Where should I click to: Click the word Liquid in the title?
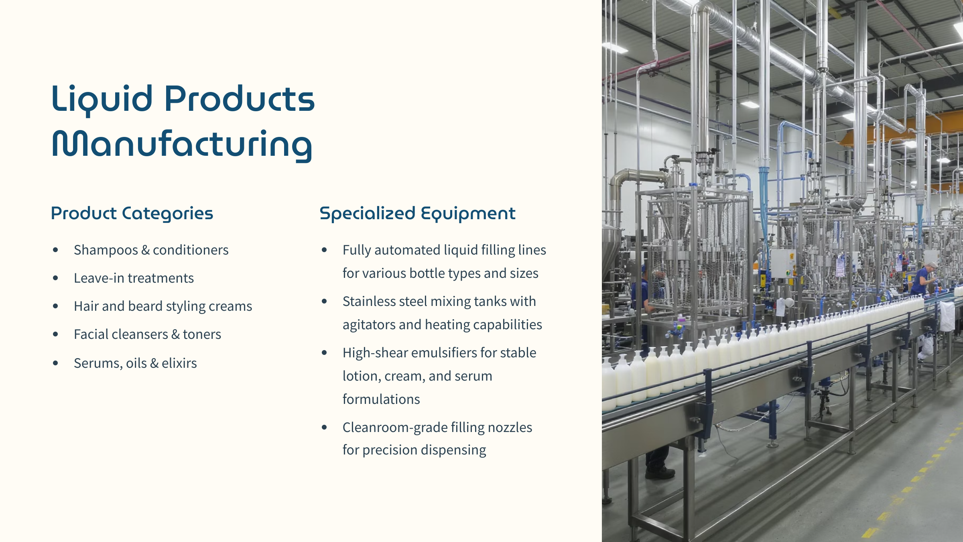pyautogui.click(x=102, y=100)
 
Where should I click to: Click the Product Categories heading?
pyautogui.click(x=132, y=214)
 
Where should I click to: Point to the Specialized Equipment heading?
pyautogui.click(x=417, y=214)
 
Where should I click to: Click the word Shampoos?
pyautogui.click(x=106, y=250)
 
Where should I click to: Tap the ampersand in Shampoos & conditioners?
pyautogui.click(x=146, y=250)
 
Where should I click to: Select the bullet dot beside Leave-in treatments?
pyautogui.click(x=55, y=278)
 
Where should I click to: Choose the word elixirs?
pyautogui.click(x=179, y=363)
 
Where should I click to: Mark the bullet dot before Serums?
pyautogui.click(x=55, y=363)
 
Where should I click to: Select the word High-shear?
pyautogui.click(x=375, y=353)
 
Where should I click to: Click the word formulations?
pyautogui.click(x=381, y=399)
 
